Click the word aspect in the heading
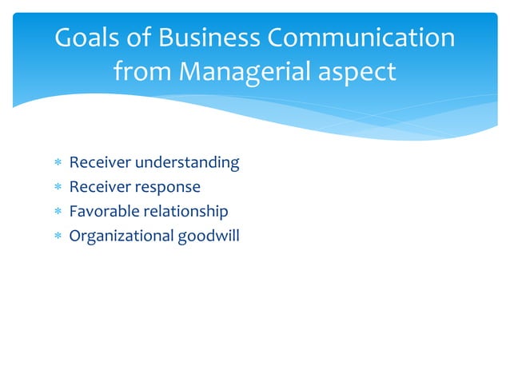click(x=357, y=72)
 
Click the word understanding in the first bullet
click(x=187, y=163)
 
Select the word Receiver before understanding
click(x=100, y=163)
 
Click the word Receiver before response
click(x=100, y=187)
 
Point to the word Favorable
click(x=104, y=212)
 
